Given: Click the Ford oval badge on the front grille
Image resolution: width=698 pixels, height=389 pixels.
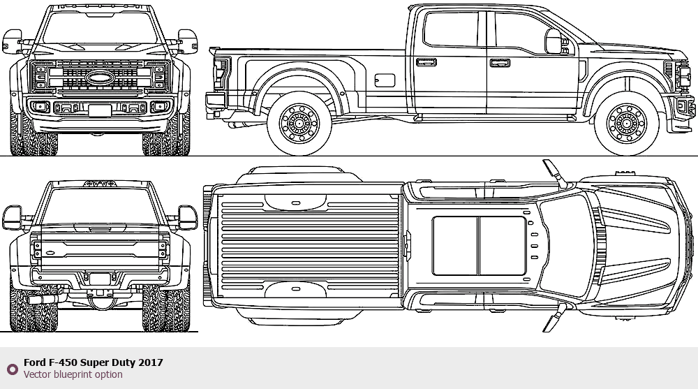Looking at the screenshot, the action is pyautogui.click(x=100, y=78).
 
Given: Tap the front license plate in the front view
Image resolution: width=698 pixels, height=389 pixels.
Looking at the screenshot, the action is pyautogui.click(x=100, y=110).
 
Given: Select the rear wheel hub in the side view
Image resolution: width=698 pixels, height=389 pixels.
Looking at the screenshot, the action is pyautogui.click(x=299, y=124).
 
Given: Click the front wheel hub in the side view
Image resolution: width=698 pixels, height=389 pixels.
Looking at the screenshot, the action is pyautogui.click(x=627, y=124).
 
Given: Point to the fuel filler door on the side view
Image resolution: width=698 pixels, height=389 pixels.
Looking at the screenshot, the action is pyautogui.click(x=385, y=80).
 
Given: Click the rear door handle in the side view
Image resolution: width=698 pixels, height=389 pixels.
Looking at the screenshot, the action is pyautogui.click(x=426, y=62).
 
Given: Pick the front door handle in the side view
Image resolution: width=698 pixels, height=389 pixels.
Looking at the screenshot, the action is pyautogui.click(x=500, y=63).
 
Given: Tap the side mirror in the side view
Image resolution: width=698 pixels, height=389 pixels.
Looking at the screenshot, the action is pyautogui.click(x=554, y=41).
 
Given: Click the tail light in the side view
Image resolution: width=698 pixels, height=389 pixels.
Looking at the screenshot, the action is pyautogui.click(x=221, y=73).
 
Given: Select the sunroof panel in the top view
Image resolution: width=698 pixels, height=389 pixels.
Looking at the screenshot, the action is pyautogui.click(x=479, y=246).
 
